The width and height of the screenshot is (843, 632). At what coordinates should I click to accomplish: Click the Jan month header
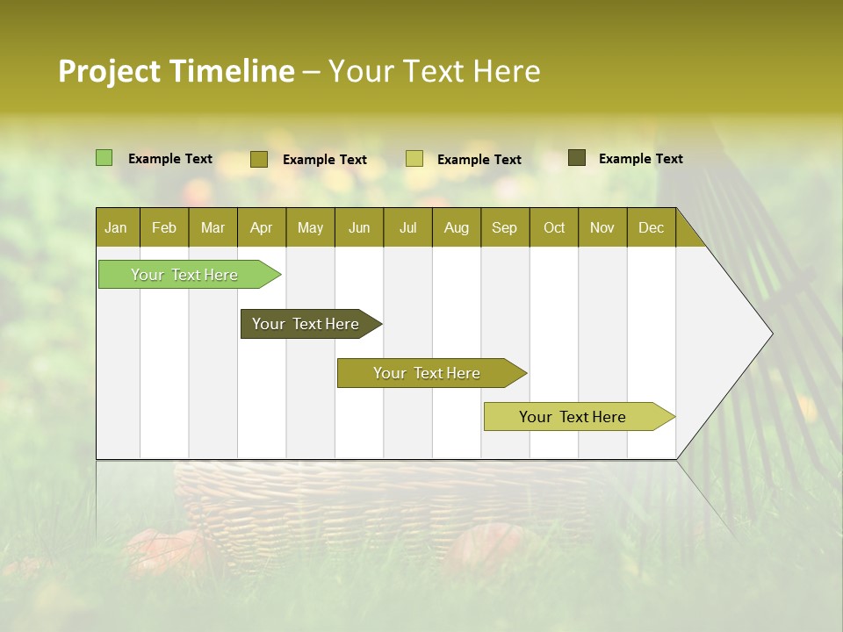(x=116, y=227)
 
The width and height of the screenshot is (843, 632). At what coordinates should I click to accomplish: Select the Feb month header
(x=164, y=227)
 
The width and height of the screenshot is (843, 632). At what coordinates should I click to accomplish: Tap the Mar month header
(x=213, y=227)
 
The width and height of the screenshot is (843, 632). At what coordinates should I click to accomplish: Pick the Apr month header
(x=262, y=227)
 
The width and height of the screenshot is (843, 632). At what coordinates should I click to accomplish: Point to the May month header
(x=310, y=227)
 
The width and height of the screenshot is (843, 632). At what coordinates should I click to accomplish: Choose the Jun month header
(x=359, y=227)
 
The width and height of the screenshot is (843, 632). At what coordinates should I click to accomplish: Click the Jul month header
(x=407, y=227)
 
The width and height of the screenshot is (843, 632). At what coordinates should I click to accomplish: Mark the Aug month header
(x=457, y=227)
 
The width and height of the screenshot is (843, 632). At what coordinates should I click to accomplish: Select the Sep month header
(x=505, y=227)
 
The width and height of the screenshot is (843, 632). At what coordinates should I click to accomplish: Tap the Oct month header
(x=554, y=227)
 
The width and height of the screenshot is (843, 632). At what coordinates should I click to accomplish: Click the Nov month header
(x=602, y=227)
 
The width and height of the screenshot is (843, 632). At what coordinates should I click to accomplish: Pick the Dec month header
(x=652, y=227)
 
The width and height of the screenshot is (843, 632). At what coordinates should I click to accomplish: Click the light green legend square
(x=104, y=158)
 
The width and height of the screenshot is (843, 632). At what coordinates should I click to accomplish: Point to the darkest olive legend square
(x=577, y=158)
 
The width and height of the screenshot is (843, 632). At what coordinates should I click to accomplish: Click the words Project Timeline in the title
(x=177, y=71)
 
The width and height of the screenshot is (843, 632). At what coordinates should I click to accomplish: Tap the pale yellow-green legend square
(x=414, y=159)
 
